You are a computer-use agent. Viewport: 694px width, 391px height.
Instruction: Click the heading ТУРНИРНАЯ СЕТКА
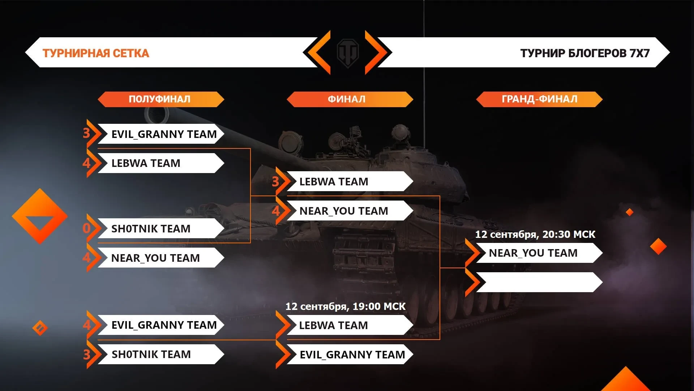96,53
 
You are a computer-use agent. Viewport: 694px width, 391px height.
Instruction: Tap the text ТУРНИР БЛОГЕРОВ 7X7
584,53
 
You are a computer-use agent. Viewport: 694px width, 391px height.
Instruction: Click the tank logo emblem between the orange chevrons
348,53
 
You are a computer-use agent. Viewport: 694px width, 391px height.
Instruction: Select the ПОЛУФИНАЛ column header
160,99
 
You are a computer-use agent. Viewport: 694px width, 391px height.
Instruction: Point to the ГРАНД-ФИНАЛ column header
539,99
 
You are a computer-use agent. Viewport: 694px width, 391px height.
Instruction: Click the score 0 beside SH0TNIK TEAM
86,228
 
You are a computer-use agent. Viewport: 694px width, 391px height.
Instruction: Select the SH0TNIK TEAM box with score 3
159,354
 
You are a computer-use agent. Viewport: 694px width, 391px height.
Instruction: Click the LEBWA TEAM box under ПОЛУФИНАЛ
159,163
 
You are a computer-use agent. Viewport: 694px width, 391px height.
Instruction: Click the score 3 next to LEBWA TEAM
275,181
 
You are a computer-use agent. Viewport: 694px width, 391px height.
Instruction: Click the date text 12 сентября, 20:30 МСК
535,234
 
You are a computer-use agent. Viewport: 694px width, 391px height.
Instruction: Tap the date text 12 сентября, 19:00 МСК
345,306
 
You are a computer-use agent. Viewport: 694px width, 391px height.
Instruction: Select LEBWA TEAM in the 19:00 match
347,325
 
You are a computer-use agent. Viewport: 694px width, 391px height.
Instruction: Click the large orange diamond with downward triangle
40,216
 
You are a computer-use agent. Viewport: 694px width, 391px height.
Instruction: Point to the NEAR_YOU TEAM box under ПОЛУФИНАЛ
159,258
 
